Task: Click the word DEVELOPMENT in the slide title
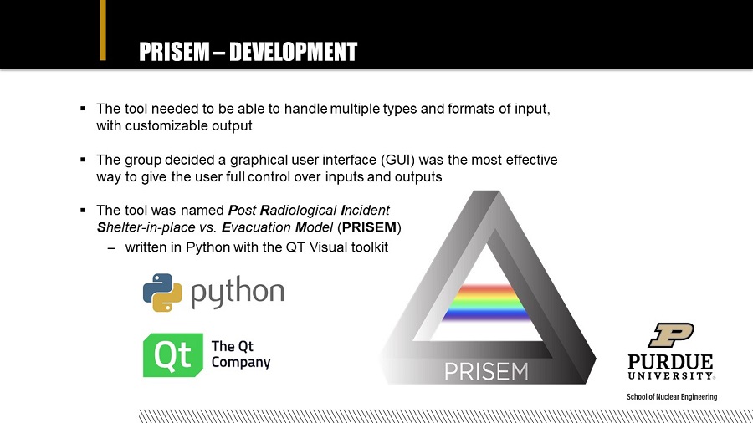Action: (x=294, y=52)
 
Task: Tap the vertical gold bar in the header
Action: (x=103, y=30)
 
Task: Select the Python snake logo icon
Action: (x=162, y=293)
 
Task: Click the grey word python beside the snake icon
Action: (x=238, y=293)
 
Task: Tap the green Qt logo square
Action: (x=173, y=355)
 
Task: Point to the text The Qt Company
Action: (x=241, y=354)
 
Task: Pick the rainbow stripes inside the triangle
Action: (x=485, y=303)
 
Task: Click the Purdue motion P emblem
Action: (x=671, y=334)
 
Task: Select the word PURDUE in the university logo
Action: (x=670, y=361)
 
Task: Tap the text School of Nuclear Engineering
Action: (x=671, y=396)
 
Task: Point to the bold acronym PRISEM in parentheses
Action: (x=369, y=227)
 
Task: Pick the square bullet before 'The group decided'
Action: (x=83, y=159)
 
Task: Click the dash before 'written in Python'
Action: (x=112, y=248)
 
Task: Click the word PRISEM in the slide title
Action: (x=174, y=52)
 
